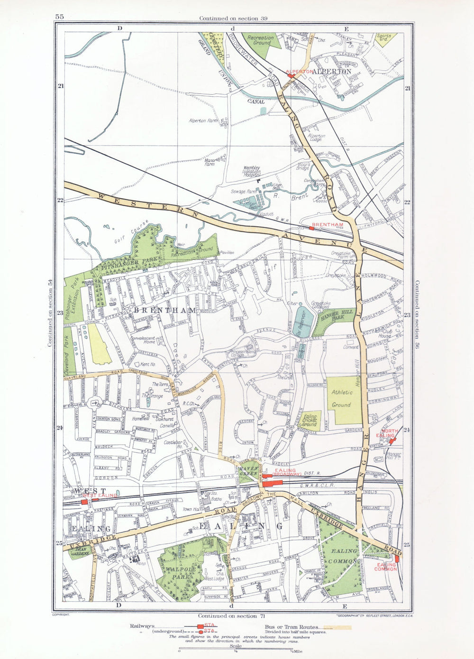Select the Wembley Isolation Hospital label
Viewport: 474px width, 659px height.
[x=252, y=171]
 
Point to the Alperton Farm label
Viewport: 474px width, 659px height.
[x=204, y=121]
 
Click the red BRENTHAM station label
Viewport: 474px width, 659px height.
[x=328, y=224]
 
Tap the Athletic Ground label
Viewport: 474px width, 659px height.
[x=342, y=399]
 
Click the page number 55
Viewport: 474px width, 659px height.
[x=59, y=17]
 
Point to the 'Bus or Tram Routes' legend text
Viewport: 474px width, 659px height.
[x=292, y=627]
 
